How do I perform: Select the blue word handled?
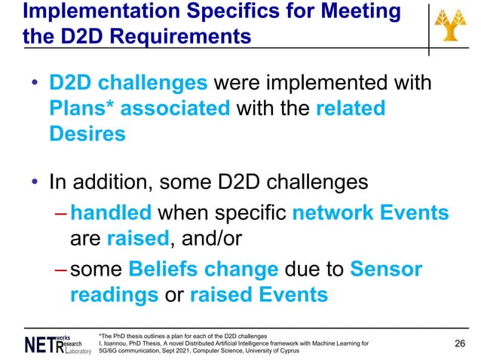[x=105, y=214]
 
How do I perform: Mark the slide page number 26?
[x=459, y=343]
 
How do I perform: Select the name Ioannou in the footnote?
[x=112, y=343]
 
